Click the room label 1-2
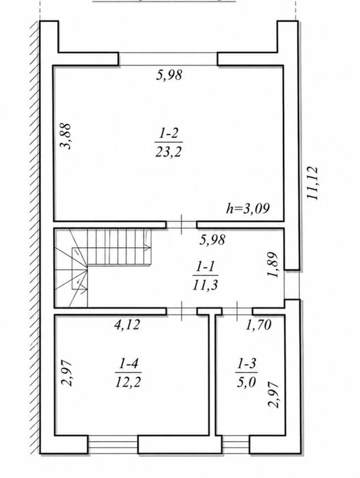[169, 134]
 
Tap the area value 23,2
[169, 151]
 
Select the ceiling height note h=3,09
[248, 209]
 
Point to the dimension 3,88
[66, 136]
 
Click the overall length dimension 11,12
[312, 183]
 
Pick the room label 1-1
[205, 268]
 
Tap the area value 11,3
[205, 285]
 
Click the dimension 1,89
[273, 264]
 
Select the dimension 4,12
[127, 324]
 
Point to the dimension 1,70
[259, 325]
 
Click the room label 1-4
[128, 363]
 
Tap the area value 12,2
[128, 381]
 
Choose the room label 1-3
[247, 363]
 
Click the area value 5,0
[247, 381]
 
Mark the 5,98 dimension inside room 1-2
[169, 75]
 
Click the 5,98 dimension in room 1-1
[212, 240]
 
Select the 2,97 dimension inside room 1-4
[67, 373]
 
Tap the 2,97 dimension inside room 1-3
[273, 395]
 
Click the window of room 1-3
[236, 445]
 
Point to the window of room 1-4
[113, 445]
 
